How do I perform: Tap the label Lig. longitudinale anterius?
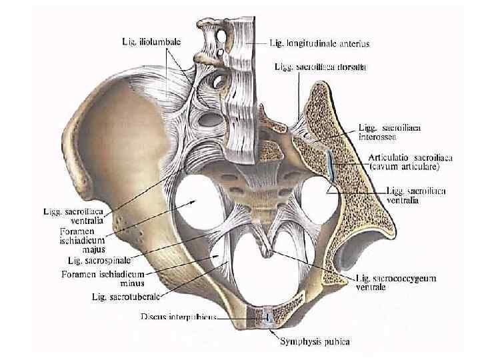point(319,43)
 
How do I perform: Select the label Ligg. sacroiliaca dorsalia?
point(319,67)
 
